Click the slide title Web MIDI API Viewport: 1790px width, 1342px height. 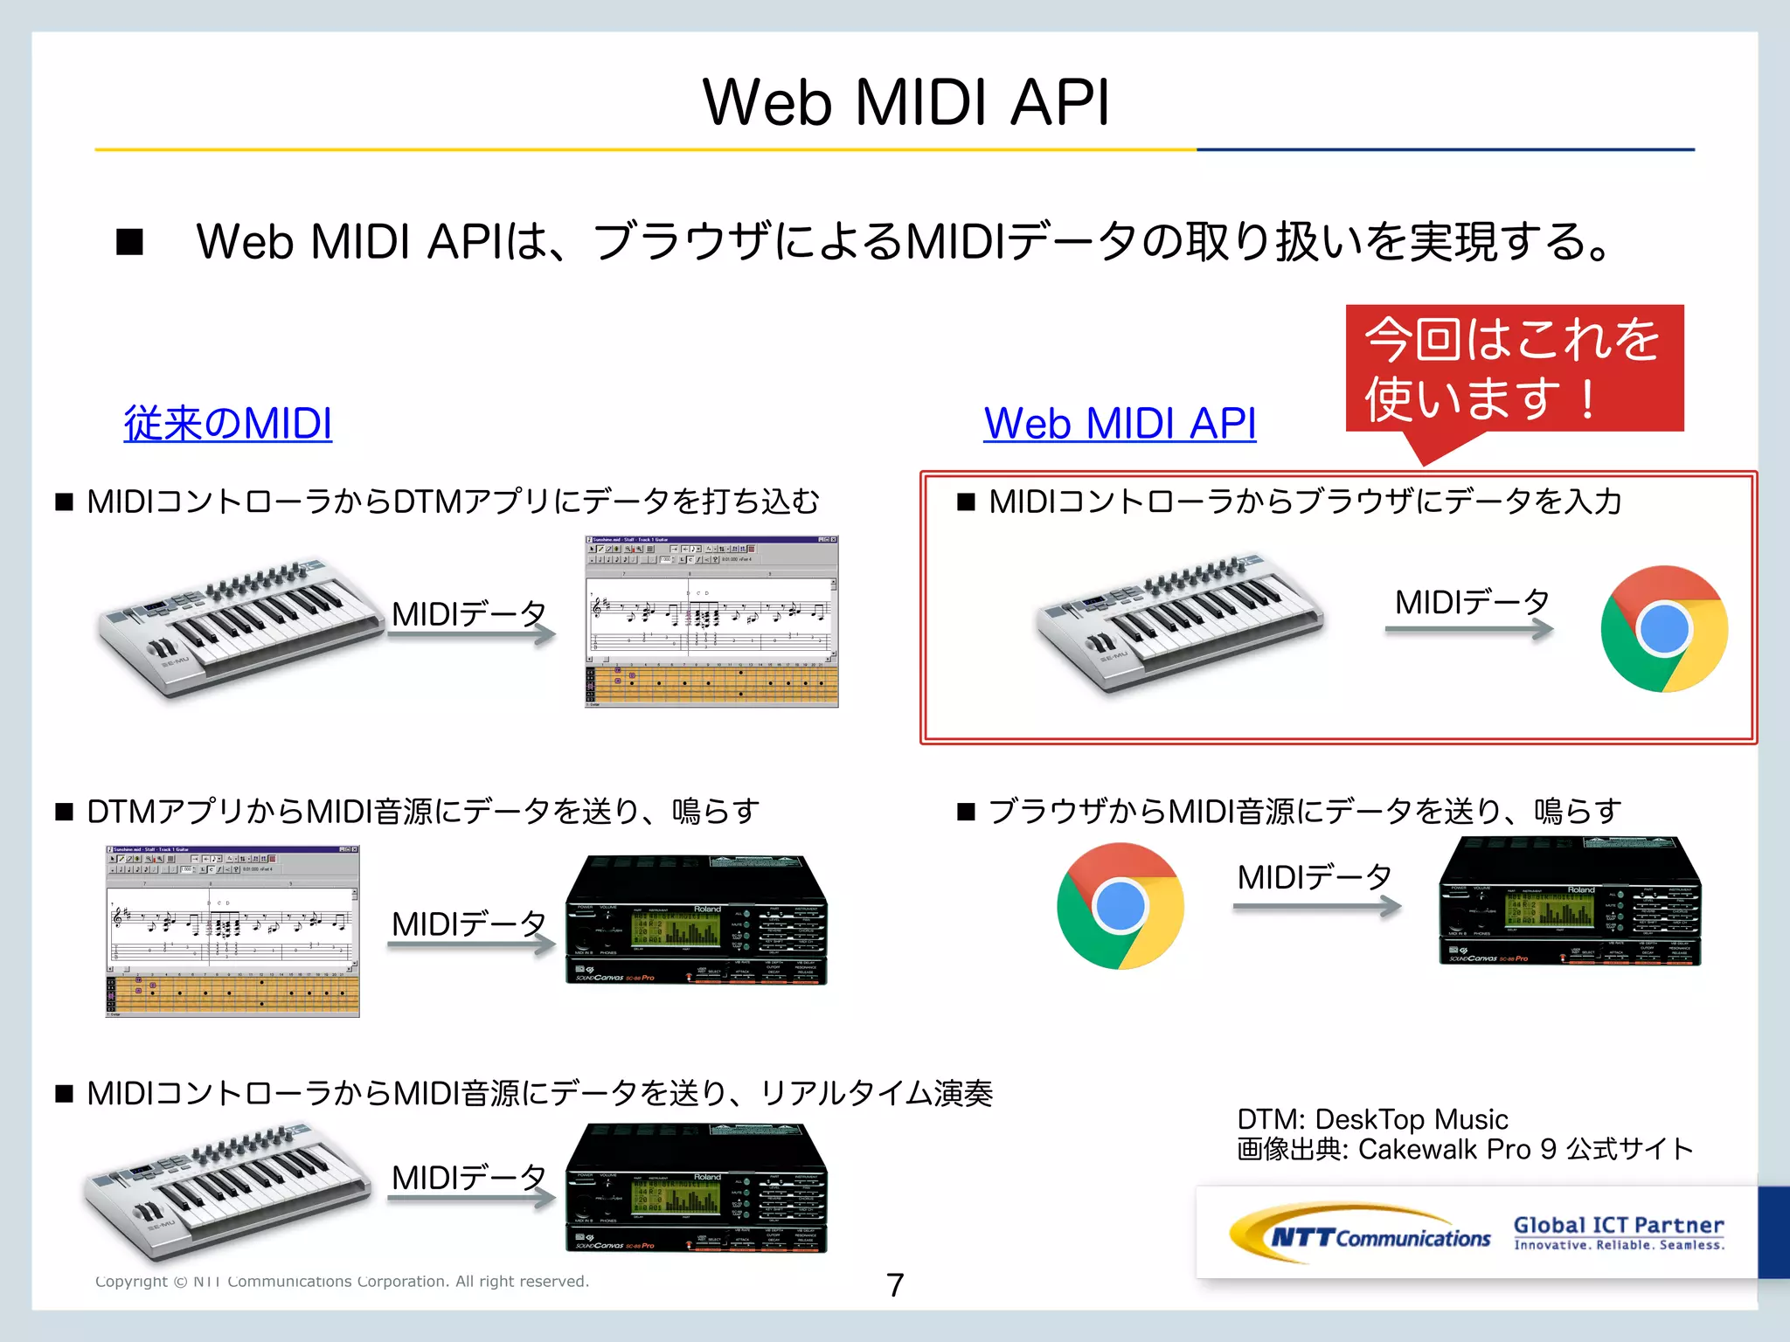(x=905, y=103)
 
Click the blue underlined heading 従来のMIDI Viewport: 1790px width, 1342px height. (x=227, y=424)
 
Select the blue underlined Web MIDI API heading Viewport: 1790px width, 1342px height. (x=1120, y=424)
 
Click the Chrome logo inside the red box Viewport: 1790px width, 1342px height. (x=1663, y=629)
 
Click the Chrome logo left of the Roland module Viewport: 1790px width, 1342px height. (x=1120, y=906)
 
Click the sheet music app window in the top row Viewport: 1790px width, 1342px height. (x=711, y=621)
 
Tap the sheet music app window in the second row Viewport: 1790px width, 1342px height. (x=232, y=931)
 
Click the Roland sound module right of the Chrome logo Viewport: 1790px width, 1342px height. (x=1570, y=903)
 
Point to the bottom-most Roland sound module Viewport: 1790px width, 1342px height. (x=696, y=1189)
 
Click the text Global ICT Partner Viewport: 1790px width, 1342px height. (x=1618, y=1225)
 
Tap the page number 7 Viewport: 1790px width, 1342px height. (x=895, y=1284)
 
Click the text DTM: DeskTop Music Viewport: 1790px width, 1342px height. (x=1372, y=1119)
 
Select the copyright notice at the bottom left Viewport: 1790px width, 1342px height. (x=342, y=1281)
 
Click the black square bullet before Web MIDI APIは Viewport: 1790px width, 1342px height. (x=129, y=242)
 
